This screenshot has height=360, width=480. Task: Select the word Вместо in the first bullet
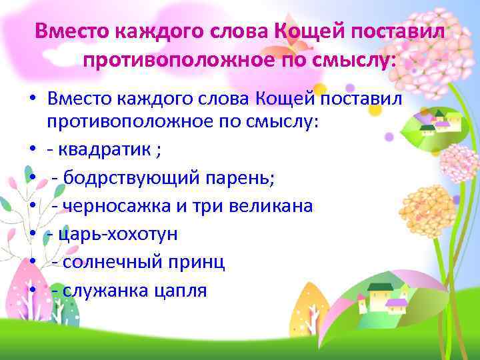[81, 99]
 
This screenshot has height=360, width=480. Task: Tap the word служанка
[111, 291]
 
